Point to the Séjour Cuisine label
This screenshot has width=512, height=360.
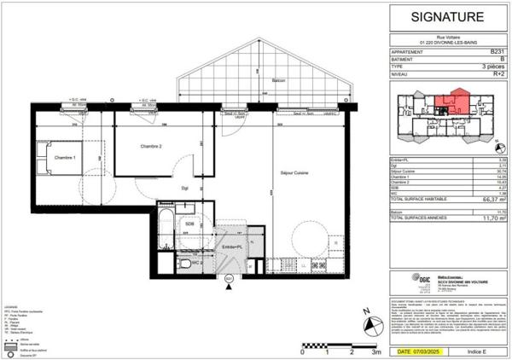294,173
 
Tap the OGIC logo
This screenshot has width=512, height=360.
400,280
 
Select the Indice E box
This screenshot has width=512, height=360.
476,351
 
